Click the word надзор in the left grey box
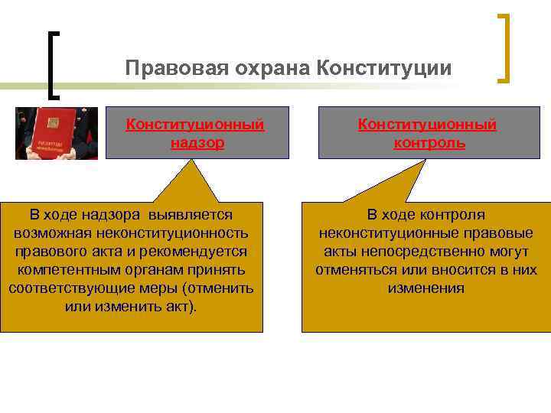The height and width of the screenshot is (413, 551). coord(197,143)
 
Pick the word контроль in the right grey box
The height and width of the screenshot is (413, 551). coord(429,143)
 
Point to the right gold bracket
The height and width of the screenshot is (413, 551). coord(504,47)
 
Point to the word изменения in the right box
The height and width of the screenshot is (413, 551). coord(425,288)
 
